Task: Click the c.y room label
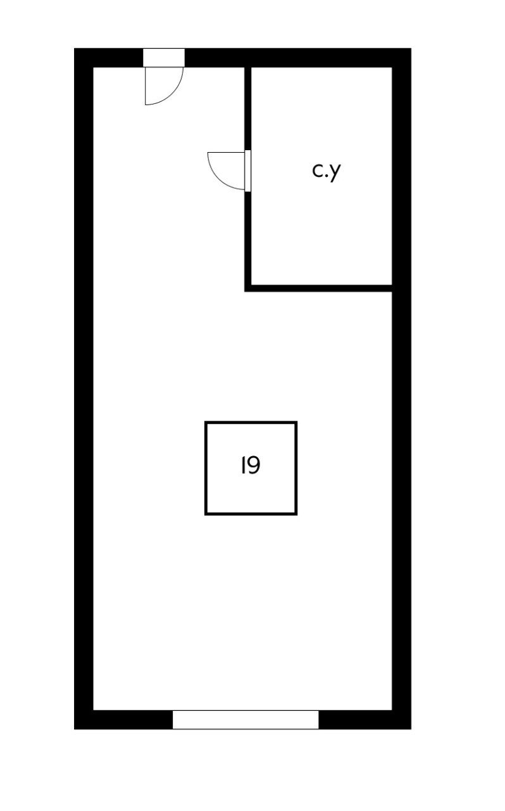pos(327,170)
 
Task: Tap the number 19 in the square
pos(251,466)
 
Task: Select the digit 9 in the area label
pos(253,466)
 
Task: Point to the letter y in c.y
pos(335,172)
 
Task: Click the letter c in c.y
pos(318,170)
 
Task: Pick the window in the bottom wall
pos(246,720)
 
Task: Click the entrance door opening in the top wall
pos(164,57)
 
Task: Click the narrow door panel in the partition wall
pos(247,170)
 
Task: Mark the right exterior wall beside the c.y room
pos(401,177)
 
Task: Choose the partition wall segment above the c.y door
pos(247,108)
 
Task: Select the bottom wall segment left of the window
pos(123,720)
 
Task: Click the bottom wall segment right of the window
pos(365,720)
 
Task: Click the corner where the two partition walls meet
pos(248,288)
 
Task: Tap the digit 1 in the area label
pos(243,466)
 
